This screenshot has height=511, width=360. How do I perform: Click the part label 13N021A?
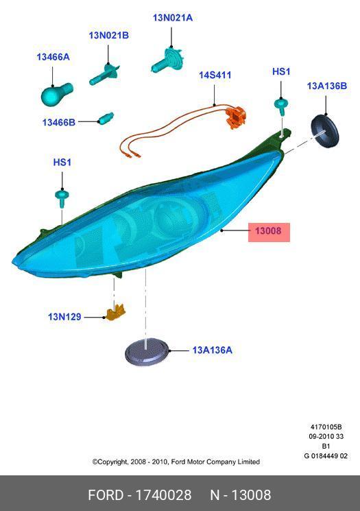click(173, 18)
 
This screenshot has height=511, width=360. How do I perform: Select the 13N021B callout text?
click(109, 35)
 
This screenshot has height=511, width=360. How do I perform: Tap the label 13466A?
click(53, 57)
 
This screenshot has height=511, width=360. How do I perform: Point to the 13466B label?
click(59, 122)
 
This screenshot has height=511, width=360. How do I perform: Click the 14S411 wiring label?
click(215, 75)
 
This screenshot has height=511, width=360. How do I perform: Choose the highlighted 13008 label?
click(268, 231)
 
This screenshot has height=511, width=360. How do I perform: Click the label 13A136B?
click(327, 86)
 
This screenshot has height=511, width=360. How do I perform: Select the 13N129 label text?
click(64, 316)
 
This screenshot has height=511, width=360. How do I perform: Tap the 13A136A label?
click(212, 350)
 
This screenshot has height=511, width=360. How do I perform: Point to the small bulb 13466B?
click(106, 118)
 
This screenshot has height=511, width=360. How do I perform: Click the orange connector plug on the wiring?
click(236, 117)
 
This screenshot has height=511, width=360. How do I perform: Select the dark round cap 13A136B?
click(324, 131)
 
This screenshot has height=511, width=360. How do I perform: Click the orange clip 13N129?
click(116, 312)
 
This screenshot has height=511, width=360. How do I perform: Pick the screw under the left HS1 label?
click(62, 198)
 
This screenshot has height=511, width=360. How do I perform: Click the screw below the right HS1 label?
click(281, 106)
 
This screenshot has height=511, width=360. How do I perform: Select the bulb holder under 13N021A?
click(168, 60)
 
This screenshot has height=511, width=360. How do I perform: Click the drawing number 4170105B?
click(326, 427)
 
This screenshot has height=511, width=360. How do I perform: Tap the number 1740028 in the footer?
click(163, 495)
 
